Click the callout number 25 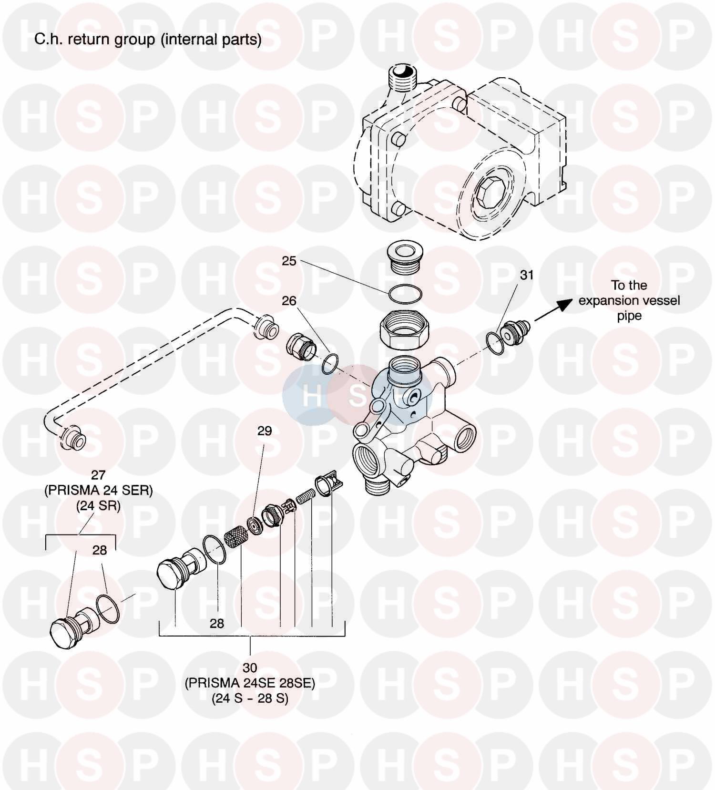click(x=289, y=261)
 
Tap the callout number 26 click(x=289, y=301)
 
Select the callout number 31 click(x=526, y=275)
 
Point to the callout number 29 click(x=265, y=431)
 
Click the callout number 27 click(x=98, y=475)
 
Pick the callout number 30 click(x=250, y=668)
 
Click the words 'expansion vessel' click(x=629, y=301)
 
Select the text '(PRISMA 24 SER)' click(x=98, y=491)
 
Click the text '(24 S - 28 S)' click(x=250, y=698)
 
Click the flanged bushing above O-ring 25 click(x=405, y=258)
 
